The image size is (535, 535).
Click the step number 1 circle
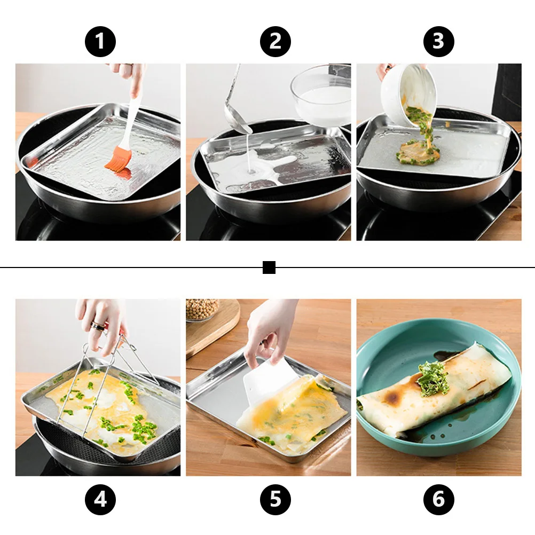click(100, 41)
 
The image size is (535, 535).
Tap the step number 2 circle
click(275, 41)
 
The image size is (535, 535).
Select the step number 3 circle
click(438, 41)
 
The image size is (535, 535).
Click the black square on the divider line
click(269, 267)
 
